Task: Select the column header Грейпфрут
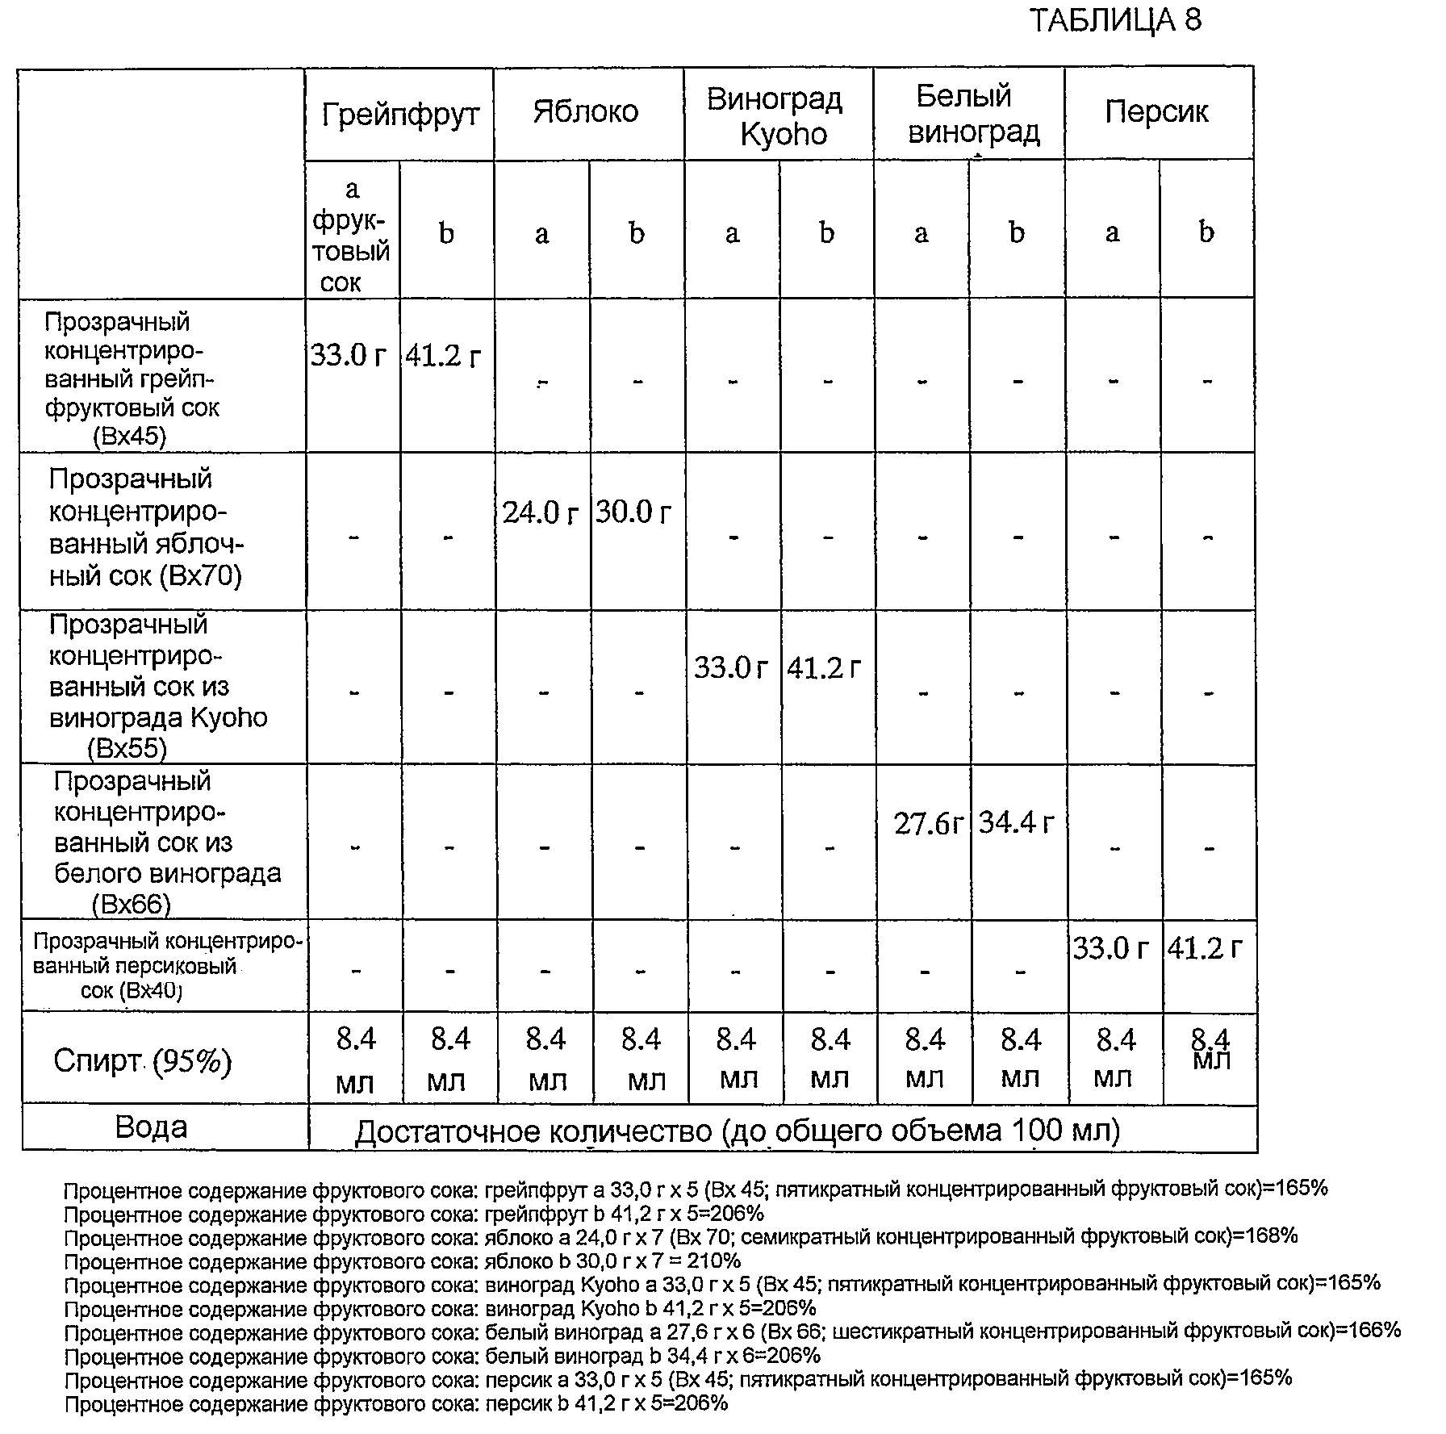[x=400, y=115]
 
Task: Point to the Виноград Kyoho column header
[x=775, y=117]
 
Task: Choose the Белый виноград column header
[x=971, y=115]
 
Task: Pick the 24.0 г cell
[x=541, y=513]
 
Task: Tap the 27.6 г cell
[x=928, y=824]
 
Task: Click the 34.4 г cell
[x=1017, y=823]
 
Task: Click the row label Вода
[x=152, y=1127]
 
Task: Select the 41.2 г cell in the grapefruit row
[x=444, y=355]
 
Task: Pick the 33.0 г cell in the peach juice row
[x=1111, y=948]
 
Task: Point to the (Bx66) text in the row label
[x=132, y=904]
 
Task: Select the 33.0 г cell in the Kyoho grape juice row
[x=731, y=669]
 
